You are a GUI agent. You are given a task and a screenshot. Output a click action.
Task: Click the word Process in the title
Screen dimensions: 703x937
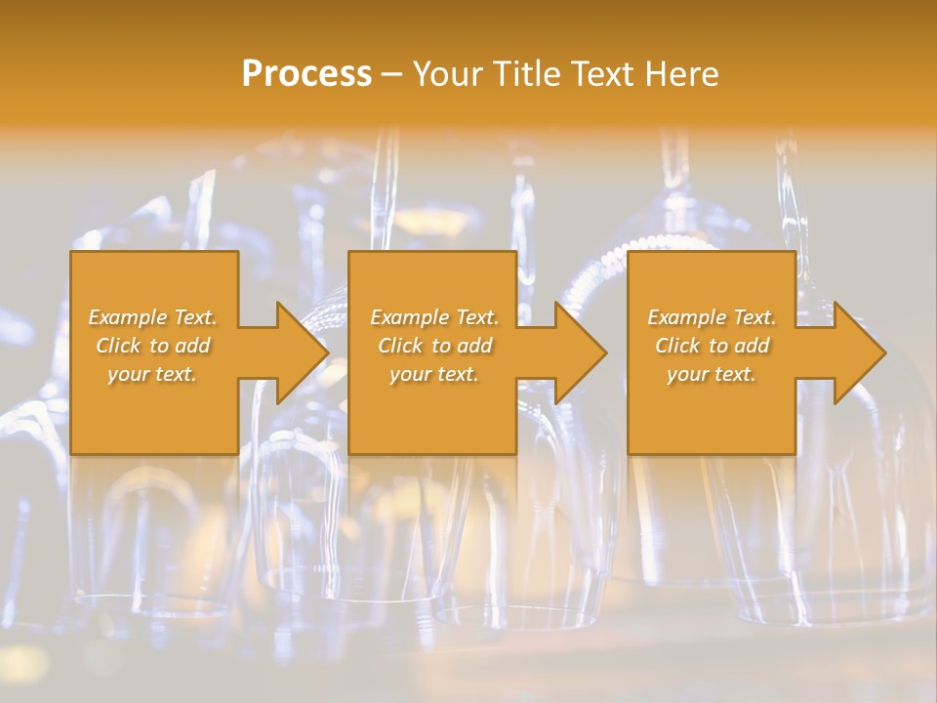[306, 74]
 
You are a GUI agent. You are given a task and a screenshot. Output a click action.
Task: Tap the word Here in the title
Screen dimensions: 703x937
[680, 74]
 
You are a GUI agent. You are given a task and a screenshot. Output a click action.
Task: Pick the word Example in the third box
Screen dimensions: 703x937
[685, 317]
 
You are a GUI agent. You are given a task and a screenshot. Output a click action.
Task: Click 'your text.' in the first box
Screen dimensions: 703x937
[152, 374]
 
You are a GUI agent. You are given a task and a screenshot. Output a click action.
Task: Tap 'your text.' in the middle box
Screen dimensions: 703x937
[434, 374]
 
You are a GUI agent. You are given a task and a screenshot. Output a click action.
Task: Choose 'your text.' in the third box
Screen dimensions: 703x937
[712, 374]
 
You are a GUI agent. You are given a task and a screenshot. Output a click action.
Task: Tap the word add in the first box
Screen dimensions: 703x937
[192, 346]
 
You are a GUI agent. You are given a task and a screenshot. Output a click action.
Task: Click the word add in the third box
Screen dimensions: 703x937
[752, 346]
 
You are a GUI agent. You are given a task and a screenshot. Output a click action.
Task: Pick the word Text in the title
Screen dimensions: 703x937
[604, 74]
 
